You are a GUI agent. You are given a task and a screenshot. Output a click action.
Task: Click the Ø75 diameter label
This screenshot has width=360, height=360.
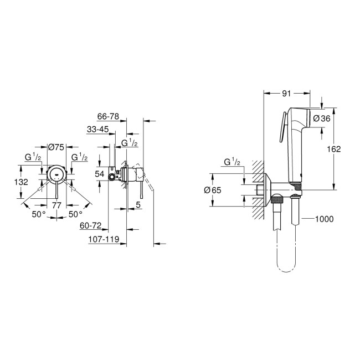[x=56, y=147]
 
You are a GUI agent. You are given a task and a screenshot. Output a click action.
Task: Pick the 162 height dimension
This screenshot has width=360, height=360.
[x=333, y=148]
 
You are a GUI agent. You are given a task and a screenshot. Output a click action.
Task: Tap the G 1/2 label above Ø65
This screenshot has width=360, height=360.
[x=232, y=162]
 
